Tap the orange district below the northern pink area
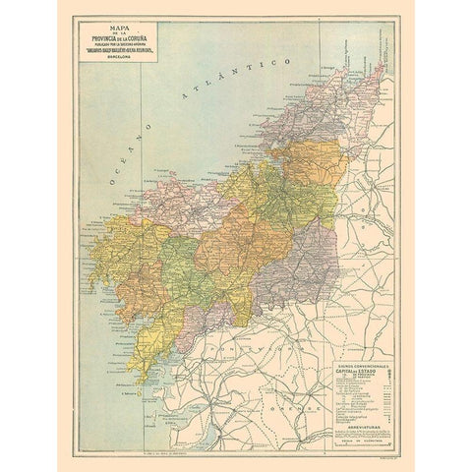coord(313,162)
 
